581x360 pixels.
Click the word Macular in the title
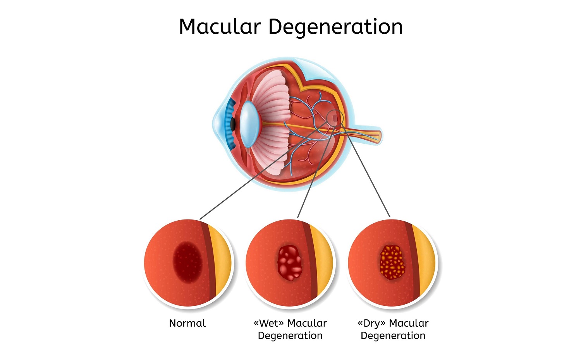[x=220, y=27]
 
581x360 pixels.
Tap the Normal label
[x=187, y=323]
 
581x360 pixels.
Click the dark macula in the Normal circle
[x=187, y=261]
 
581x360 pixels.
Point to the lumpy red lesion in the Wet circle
[x=290, y=262]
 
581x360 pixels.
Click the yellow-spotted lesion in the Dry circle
[x=392, y=262]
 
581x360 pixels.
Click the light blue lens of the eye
[x=248, y=124]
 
